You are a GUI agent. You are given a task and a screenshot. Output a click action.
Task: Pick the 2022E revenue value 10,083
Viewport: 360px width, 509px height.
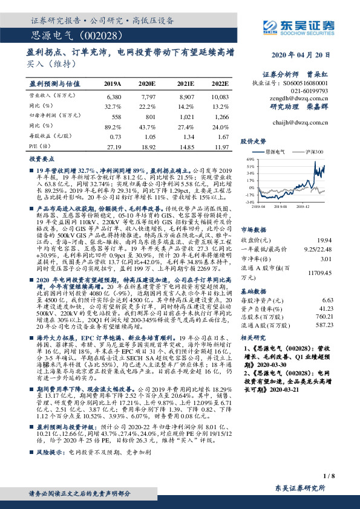(220, 96)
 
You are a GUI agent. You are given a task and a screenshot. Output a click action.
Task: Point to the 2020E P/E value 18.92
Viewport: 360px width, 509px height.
(148, 146)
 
